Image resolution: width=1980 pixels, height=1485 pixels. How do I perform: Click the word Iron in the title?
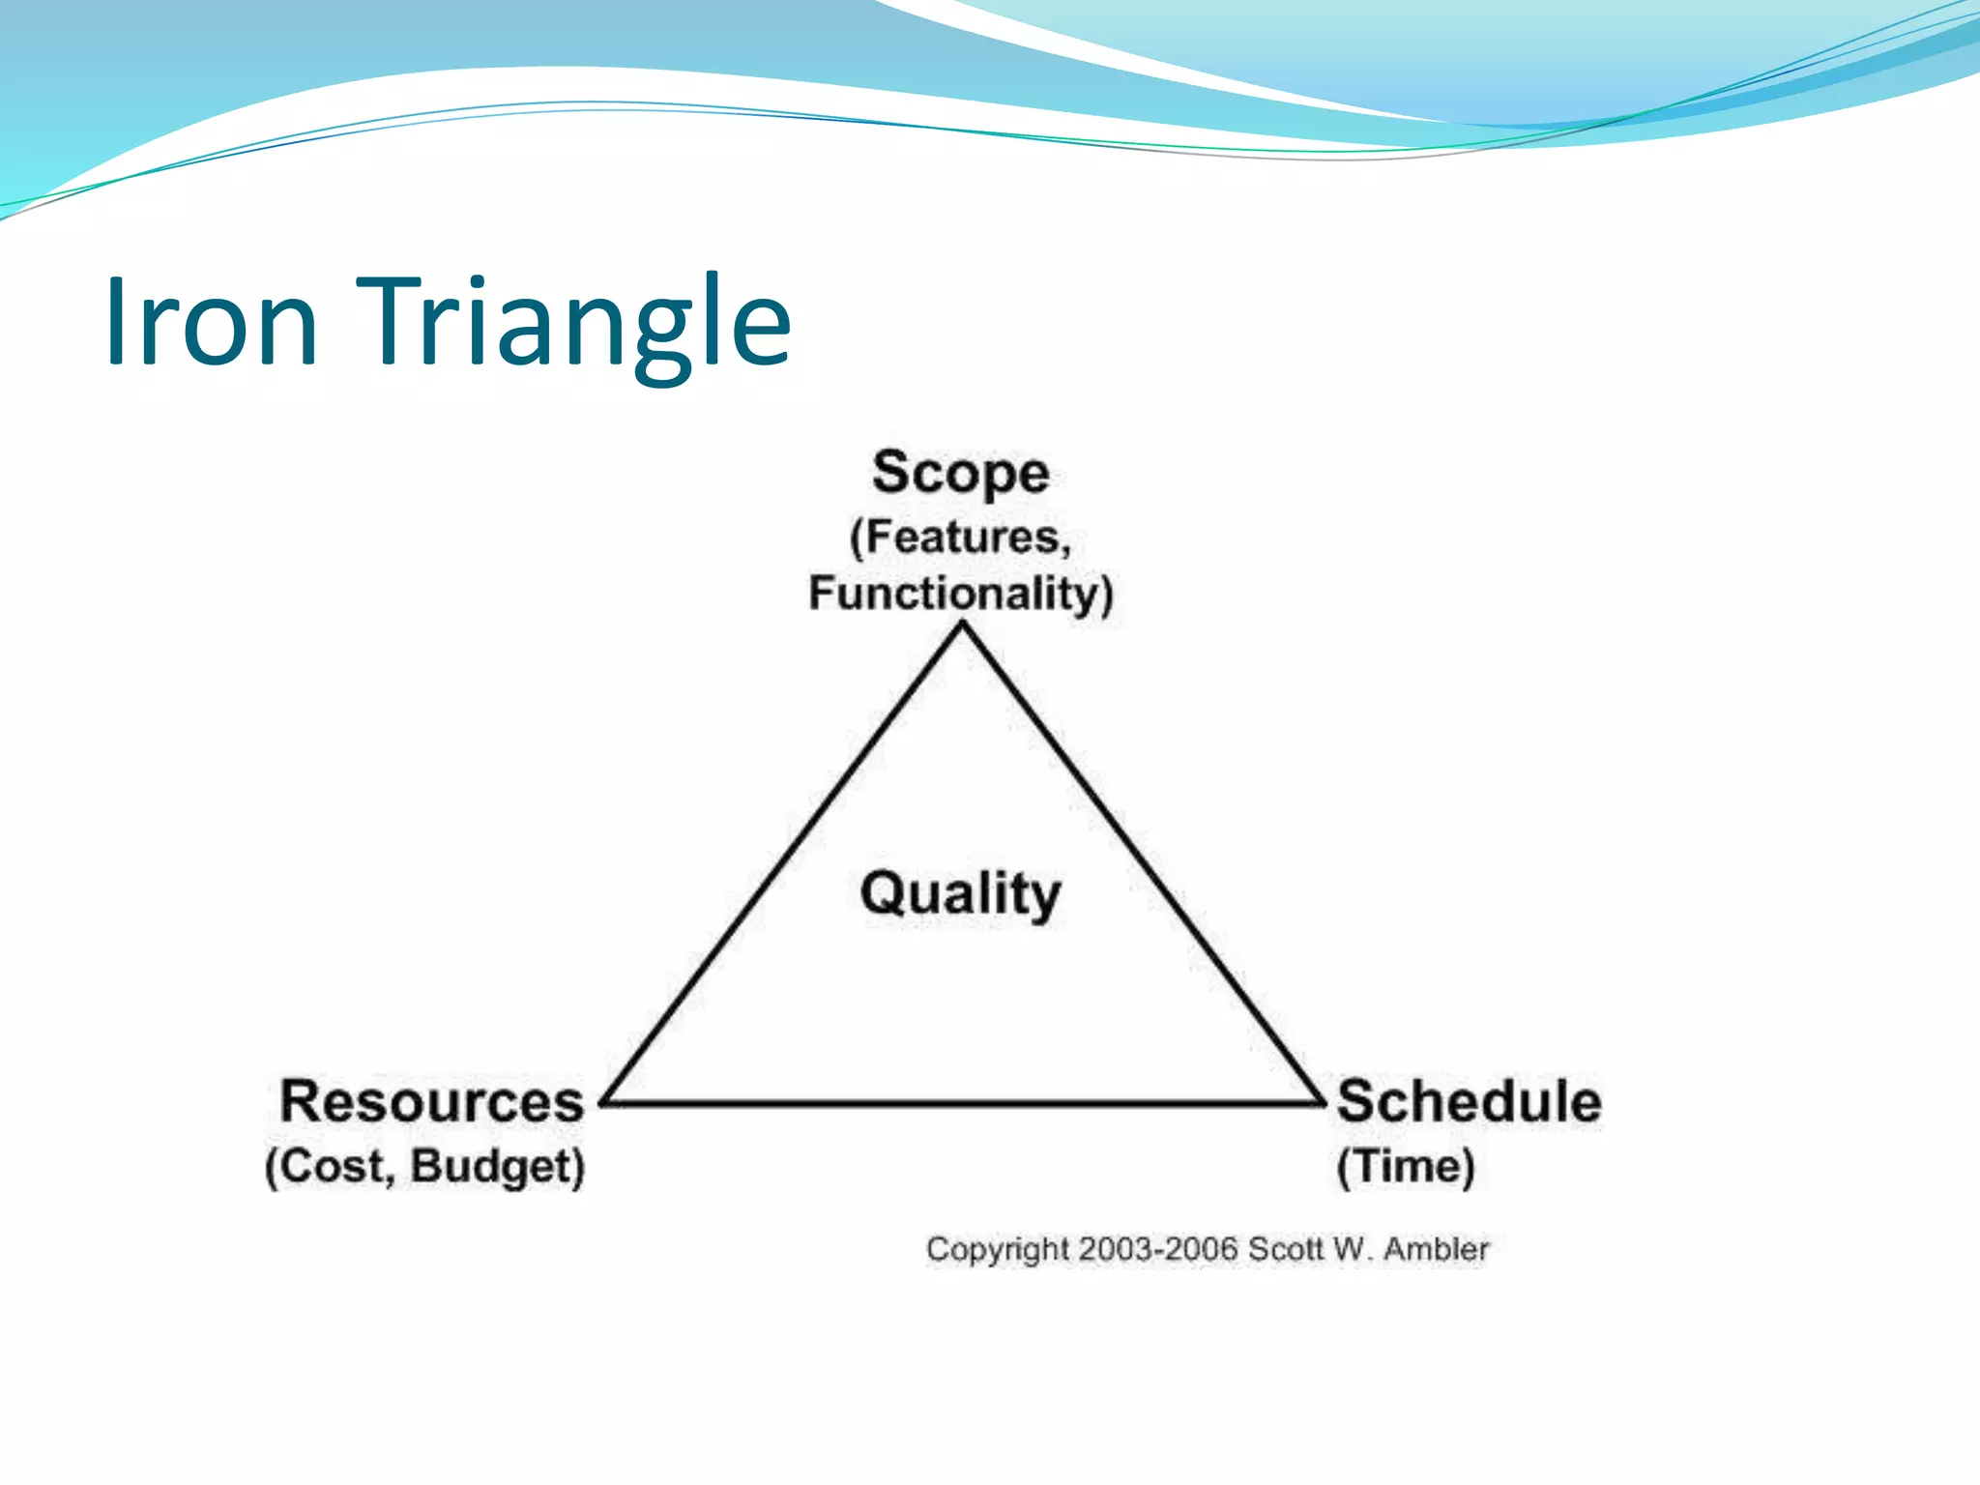pos(211,322)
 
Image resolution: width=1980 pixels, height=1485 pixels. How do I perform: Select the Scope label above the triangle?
pos(960,474)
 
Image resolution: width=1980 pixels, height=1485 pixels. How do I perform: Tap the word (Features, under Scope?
pos(960,538)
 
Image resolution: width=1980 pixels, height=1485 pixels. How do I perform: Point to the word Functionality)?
pos(960,593)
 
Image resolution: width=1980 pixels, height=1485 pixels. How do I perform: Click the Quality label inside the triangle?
pos(960,893)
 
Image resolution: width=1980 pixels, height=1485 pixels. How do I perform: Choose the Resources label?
pos(431,1101)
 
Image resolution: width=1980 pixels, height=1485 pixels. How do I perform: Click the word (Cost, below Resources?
pos(329,1166)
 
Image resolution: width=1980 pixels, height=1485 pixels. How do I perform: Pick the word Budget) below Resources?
pos(498,1166)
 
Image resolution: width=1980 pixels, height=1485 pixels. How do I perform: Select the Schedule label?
pos(1469,1101)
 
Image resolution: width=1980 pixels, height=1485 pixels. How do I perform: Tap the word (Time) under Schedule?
pos(1406,1166)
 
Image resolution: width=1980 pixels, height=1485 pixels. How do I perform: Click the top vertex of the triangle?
pos(962,626)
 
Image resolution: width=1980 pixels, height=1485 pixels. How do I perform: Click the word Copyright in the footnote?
pos(997,1250)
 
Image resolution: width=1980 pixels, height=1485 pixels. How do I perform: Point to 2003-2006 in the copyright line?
pos(1158,1249)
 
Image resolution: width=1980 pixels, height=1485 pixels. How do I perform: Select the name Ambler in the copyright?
pos(1436,1249)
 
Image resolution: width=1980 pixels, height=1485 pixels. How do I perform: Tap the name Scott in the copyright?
pos(1285,1249)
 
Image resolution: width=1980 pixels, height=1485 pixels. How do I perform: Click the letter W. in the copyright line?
pos(1353,1249)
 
